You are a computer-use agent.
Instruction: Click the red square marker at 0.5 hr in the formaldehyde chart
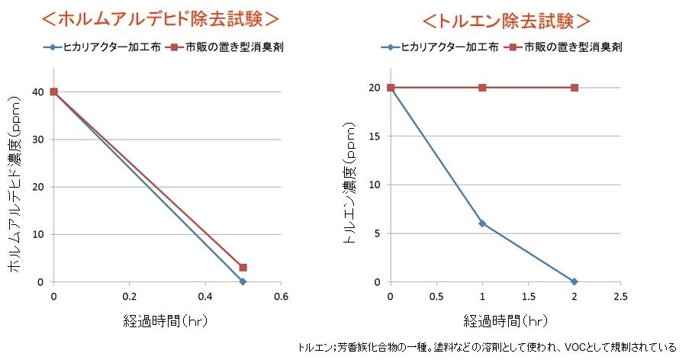(243, 268)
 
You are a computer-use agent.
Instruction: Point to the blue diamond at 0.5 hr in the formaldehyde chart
(243, 281)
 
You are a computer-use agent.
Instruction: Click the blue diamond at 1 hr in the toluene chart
(482, 223)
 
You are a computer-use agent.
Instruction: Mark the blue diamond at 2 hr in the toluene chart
(574, 281)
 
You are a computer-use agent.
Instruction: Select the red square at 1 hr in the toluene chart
(482, 88)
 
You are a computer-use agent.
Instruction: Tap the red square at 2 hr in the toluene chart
(574, 88)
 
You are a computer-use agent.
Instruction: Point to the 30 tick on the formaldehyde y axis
(39, 140)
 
